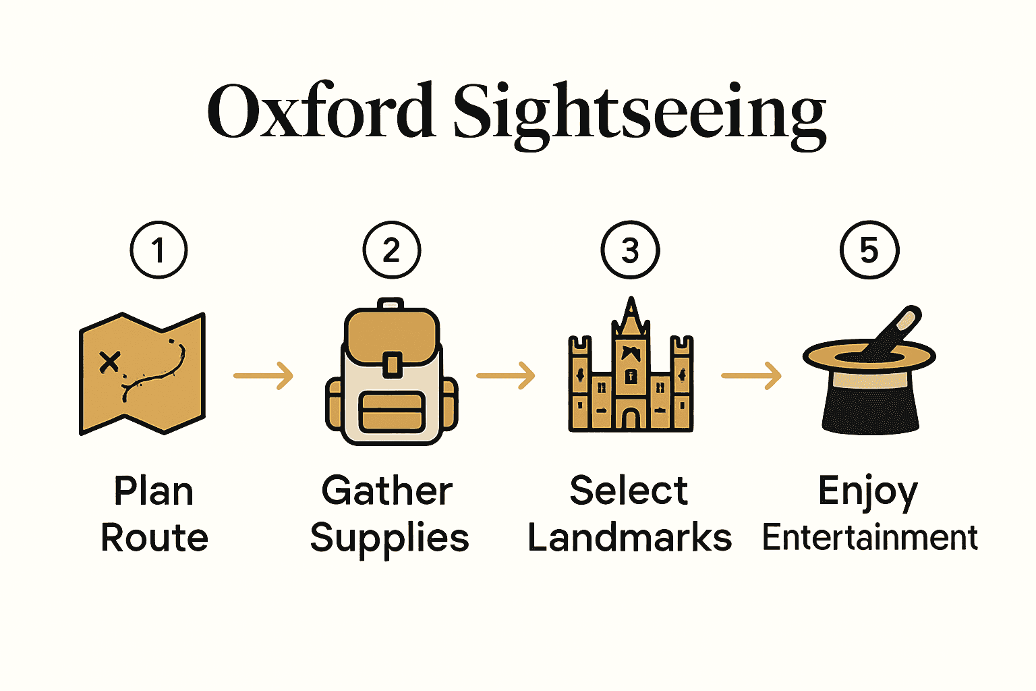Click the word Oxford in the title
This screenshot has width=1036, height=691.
coord(320,111)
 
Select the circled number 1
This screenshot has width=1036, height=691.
coord(159,250)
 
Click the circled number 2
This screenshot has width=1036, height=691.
coord(391,250)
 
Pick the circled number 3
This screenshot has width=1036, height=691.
coord(630,250)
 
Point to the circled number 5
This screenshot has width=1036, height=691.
coord(869,250)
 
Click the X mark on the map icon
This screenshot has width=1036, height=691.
coord(109,362)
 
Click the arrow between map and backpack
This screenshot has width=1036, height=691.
coord(264,375)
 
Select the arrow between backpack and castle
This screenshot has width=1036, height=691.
coord(506,375)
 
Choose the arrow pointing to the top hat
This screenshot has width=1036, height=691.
coord(751,375)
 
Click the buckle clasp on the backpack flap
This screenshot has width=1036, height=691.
coord(392,364)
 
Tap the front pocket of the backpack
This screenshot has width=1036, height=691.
coord(392,412)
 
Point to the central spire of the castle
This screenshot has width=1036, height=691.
coord(631,317)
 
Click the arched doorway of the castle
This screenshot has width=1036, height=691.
coord(631,420)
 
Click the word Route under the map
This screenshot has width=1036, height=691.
coord(154,538)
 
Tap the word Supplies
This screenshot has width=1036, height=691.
coord(389,539)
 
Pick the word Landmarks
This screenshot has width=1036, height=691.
coord(629,538)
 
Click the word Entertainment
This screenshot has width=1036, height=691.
coord(869,538)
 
